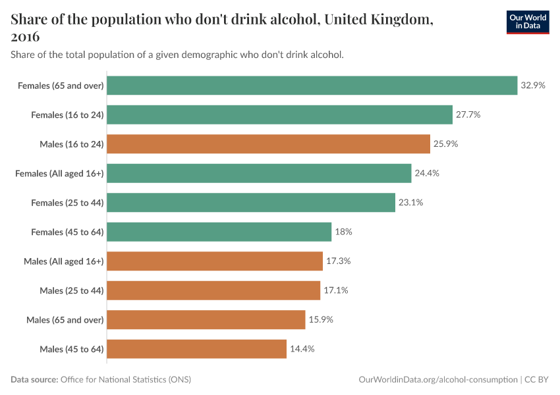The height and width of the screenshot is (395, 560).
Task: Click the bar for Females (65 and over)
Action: pos(312,86)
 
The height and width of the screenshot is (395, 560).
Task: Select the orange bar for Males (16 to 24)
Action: pos(269,144)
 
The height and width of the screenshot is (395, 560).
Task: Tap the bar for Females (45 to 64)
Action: pos(219,232)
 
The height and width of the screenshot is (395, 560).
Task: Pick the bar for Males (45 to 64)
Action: pos(196,349)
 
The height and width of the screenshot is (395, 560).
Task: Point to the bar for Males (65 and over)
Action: pos(206,320)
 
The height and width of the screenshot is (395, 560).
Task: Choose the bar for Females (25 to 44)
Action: pos(250,203)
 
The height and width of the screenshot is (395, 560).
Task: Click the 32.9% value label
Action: pos(533,86)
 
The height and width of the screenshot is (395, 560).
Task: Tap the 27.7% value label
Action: pos(468,115)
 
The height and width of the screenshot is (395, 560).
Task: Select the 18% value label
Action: pos(343,232)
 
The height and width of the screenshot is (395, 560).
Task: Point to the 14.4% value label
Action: pos(302,349)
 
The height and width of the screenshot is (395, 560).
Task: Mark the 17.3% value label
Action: pos(338,261)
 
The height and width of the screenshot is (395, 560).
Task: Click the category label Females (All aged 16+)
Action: pos(60,173)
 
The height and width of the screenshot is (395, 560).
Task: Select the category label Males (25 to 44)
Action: pos(71,290)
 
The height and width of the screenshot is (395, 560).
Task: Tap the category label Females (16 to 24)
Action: pos(67,115)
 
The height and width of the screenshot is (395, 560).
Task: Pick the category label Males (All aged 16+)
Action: pos(64,261)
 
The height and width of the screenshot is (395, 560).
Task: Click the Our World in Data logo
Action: pos(528,22)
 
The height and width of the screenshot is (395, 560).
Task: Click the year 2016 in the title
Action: pos(25,37)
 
